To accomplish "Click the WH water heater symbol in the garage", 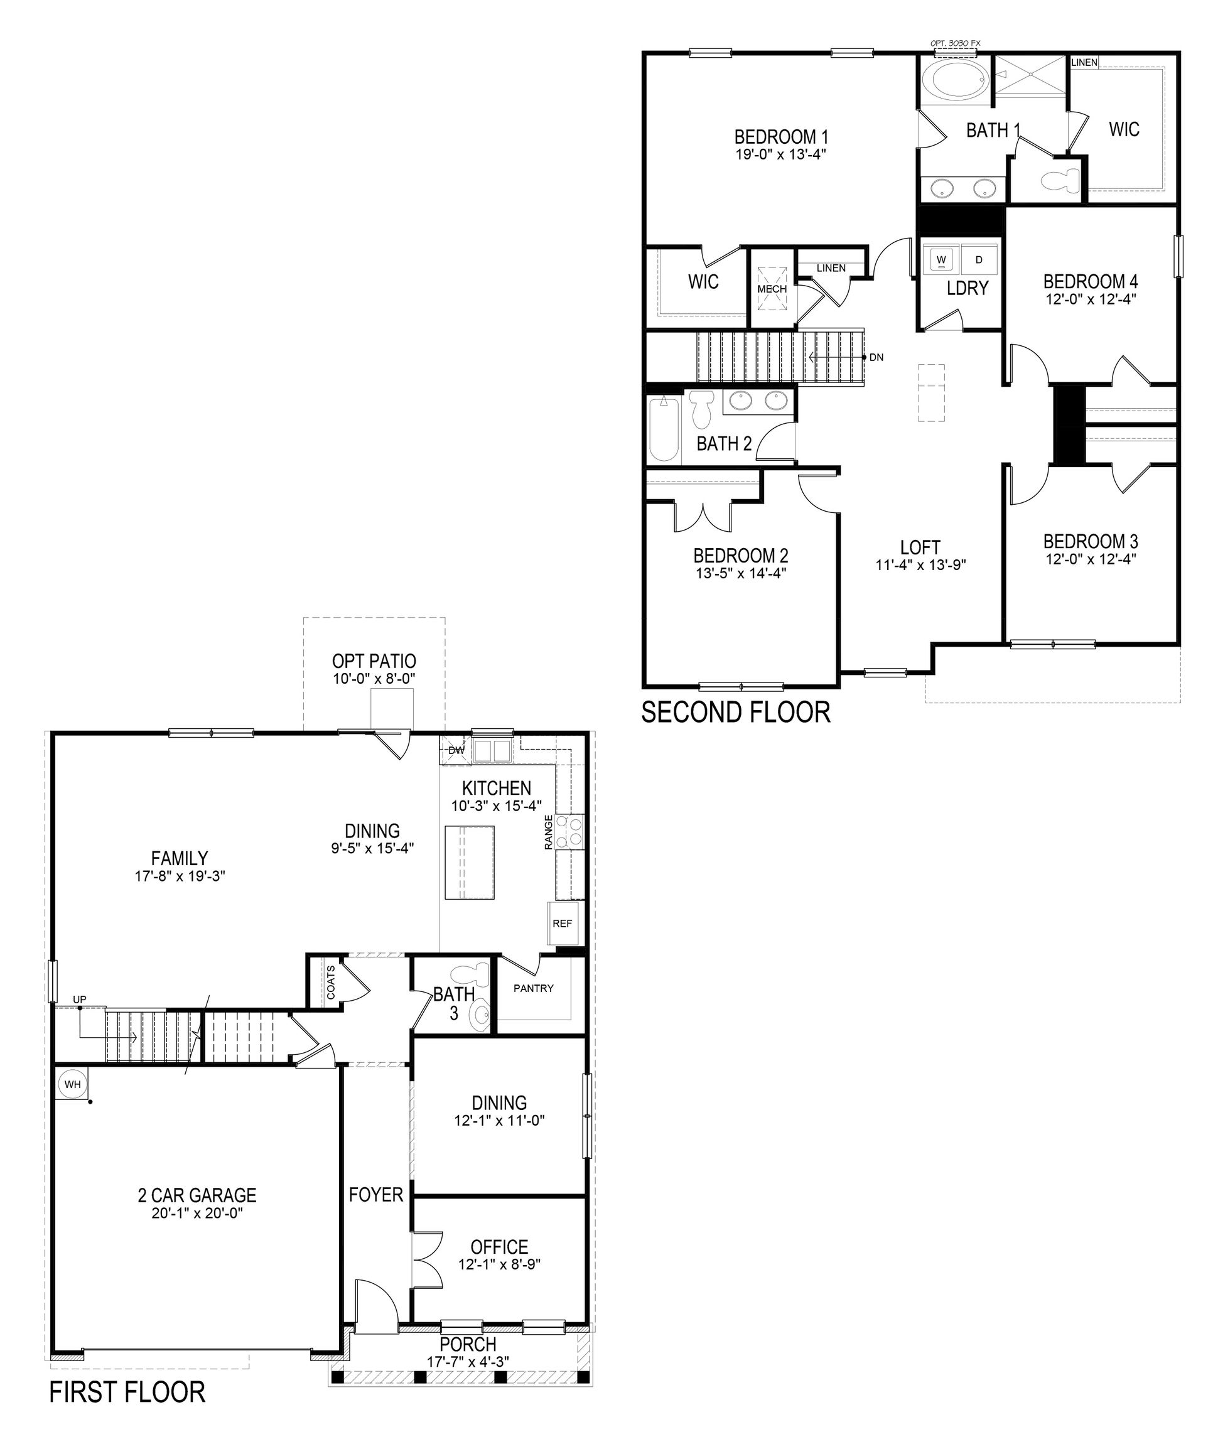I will (72, 1084).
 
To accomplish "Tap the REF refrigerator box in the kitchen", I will (562, 924).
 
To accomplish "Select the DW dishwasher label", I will (456, 750).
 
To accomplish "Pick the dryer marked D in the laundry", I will (979, 260).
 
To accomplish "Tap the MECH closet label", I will (772, 289).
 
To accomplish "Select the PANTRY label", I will (533, 988).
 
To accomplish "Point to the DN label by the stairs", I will (876, 358).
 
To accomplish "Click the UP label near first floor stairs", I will (79, 999).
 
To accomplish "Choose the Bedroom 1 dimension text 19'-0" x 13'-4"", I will (780, 154).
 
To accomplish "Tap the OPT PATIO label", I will (374, 661).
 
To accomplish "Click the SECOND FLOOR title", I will (735, 713).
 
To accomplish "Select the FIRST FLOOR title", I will (127, 1393).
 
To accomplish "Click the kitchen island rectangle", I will (470, 863).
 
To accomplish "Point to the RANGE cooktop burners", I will (569, 831).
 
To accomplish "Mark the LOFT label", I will (920, 547).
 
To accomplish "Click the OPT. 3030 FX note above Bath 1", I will (955, 43).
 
